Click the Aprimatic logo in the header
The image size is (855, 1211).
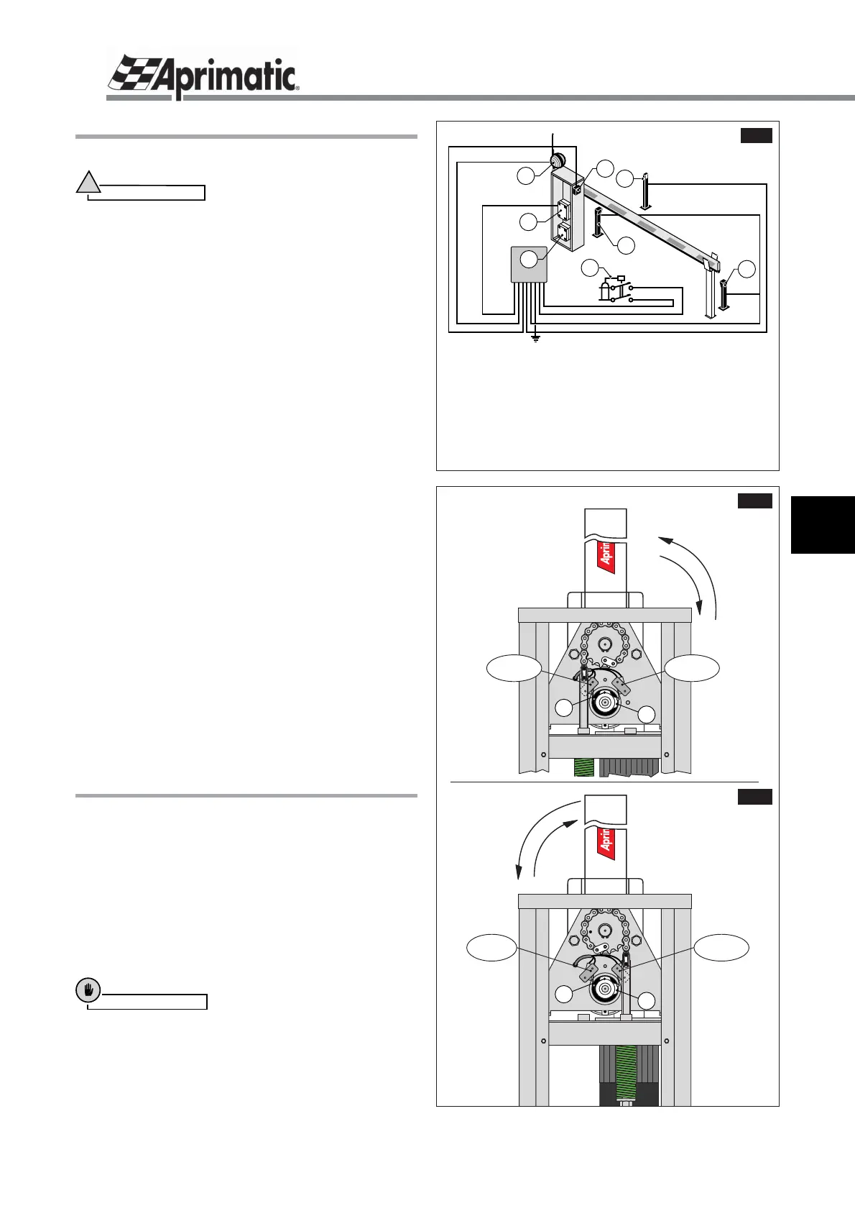203,75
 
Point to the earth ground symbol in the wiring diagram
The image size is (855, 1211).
535,337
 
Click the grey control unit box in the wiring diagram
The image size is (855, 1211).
530,264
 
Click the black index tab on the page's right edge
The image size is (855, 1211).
823,524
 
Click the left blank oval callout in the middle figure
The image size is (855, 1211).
513,668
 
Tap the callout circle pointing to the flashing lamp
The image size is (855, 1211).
527,175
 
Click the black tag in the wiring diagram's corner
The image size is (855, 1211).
756,136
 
